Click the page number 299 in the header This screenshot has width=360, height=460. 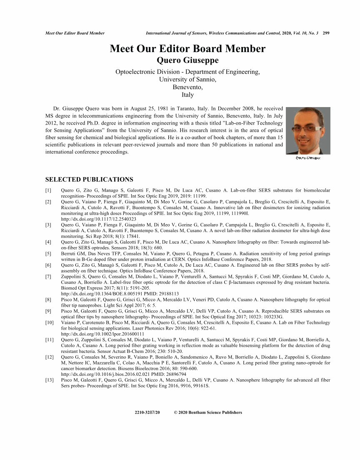coord(326,33)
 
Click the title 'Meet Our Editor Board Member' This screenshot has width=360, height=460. coord(187,49)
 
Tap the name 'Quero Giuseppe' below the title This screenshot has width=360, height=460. coord(187,61)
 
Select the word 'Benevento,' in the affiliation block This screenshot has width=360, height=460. coord(187,87)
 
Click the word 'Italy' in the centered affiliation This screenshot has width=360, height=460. coord(187,95)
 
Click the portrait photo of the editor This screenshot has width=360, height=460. coord(308,131)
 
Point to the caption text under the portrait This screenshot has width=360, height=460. coord(308,158)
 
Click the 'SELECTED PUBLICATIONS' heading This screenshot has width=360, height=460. coord(89,180)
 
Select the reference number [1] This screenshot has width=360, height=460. coord(48,190)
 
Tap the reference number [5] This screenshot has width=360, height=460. coord(48,253)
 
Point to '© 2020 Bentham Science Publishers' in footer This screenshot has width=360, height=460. coord(207,412)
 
